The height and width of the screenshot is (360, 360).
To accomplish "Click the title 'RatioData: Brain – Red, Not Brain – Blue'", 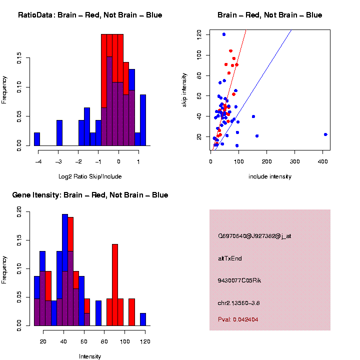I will pyautogui.click(x=90, y=15).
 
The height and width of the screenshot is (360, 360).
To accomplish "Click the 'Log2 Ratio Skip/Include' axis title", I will pyautogui.click(x=90, y=176).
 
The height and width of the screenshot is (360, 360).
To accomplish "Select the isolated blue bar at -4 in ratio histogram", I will pyautogui.click(x=37, y=139).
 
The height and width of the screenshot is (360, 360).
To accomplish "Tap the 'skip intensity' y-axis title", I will pyautogui.click(x=184, y=89).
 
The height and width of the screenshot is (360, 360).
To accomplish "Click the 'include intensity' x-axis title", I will pyautogui.click(x=269, y=176).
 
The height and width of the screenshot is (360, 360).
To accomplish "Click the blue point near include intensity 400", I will pyautogui.click(x=325, y=134).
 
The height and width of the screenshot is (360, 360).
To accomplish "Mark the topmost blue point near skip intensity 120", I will pyautogui.click(x=224, y=34).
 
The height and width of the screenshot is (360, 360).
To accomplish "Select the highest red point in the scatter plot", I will pyautogui.click(x=230, y=51).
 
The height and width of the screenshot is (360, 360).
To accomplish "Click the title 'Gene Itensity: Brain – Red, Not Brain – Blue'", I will pyautogui.click(x=90, y=195).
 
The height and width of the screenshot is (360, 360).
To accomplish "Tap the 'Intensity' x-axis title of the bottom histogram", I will pyautogui.click(x=90, y=356).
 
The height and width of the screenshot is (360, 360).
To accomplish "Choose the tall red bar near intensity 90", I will pyautogui.click(x=115, y=285).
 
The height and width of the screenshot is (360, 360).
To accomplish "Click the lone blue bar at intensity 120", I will pyautogui.click(x=143, y=319).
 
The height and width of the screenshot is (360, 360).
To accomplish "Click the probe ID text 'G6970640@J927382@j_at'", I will pyautogui.click(x=254, y=236).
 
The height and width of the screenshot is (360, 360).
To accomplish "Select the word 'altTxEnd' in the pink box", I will pyautogui.click(x=230, y=258).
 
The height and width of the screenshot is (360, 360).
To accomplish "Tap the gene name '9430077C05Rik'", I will pyautogui.click(x=239, y=280).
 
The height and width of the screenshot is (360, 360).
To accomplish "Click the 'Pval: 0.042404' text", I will pyautogui.click(x=238, y=319).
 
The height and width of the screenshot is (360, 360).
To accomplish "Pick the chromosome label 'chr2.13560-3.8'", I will pyautogui.click(x=238, y=302).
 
